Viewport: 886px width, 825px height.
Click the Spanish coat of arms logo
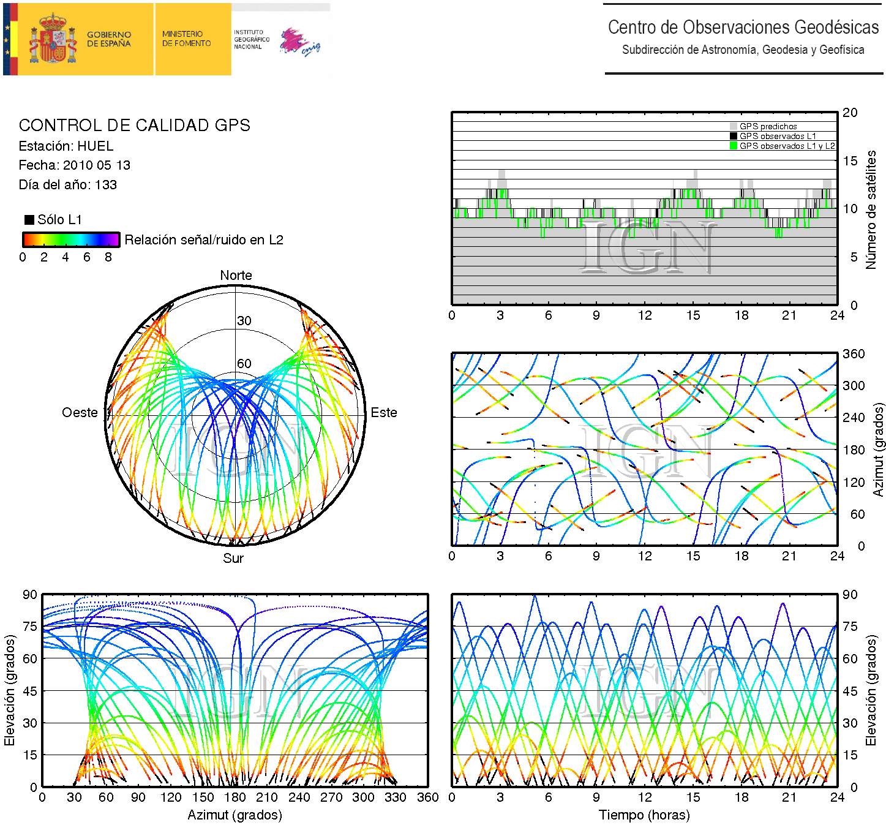(x=54, y=39)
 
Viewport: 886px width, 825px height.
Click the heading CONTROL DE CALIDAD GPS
(x=134, y=126)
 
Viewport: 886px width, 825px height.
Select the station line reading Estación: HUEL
(x=66, y=146)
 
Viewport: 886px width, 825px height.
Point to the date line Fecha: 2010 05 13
(x=74, y=165)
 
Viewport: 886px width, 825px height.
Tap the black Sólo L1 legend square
(x=29, y=220)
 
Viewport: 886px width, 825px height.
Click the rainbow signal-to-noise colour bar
(x=71, y=239)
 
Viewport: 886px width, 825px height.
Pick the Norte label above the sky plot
(x=236, y=276)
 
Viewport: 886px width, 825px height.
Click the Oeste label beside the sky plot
(x=80, y=413)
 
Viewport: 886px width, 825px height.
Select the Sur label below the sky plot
(x=233, y=558)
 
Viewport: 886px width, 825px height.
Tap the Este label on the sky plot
(x=384, y=413)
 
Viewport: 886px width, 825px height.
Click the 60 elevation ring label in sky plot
(x=244, y=364)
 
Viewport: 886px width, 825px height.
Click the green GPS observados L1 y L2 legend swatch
(x=734, y=146)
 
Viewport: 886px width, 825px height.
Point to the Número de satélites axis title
(x=871, y=209)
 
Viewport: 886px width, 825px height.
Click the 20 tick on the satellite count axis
(x=850, y=113)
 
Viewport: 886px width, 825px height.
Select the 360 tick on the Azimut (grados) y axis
(x=854, y=354)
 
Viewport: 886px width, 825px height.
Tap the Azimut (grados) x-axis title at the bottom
(x=235, y=815)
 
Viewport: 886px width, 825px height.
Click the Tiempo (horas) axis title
(x=644, y=815)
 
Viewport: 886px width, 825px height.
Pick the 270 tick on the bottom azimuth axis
(x=331, y=797)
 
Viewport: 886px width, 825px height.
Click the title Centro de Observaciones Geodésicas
(x=743, y=28)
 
